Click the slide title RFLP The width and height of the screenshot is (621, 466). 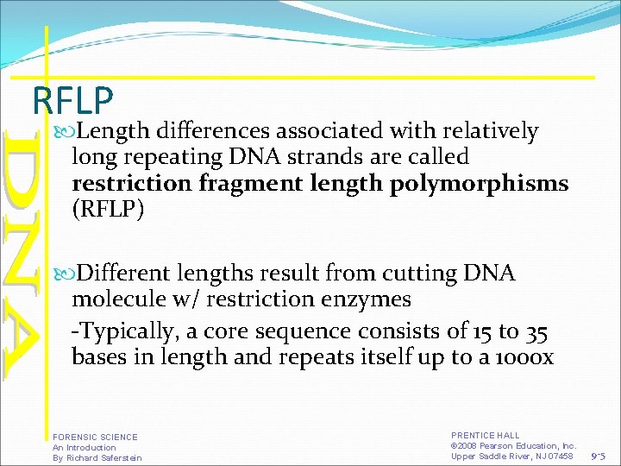click(x=73, y=100)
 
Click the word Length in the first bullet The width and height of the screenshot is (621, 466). click(x=112, y=131)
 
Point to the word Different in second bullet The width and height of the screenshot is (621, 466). click(x=125, y=274)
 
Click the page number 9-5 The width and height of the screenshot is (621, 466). click(x=601, y=456)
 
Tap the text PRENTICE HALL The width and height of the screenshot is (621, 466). click(x=486, y=436)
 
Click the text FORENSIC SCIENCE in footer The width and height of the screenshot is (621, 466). click(x=95, y=438)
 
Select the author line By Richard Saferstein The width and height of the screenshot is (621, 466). click(x=97, y=457)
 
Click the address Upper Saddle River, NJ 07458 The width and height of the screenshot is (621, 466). click(x=511, y=456)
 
